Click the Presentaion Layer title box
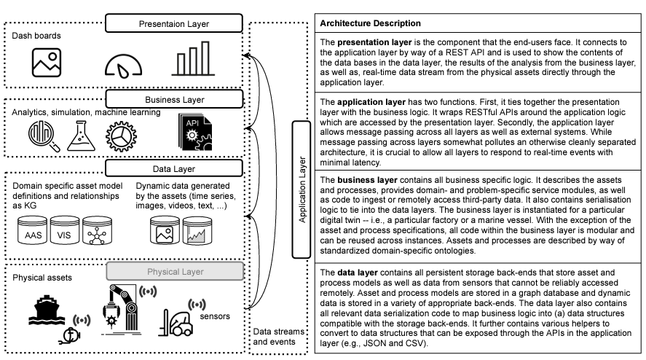click(173, 24)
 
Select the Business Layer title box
click(173, 98)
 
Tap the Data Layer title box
click(173, 169)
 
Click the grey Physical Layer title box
click(173, 272)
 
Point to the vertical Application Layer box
click(302, 189)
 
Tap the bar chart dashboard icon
click(191, 58)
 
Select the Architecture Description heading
click(370, 23)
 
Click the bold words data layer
click(353, 272)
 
